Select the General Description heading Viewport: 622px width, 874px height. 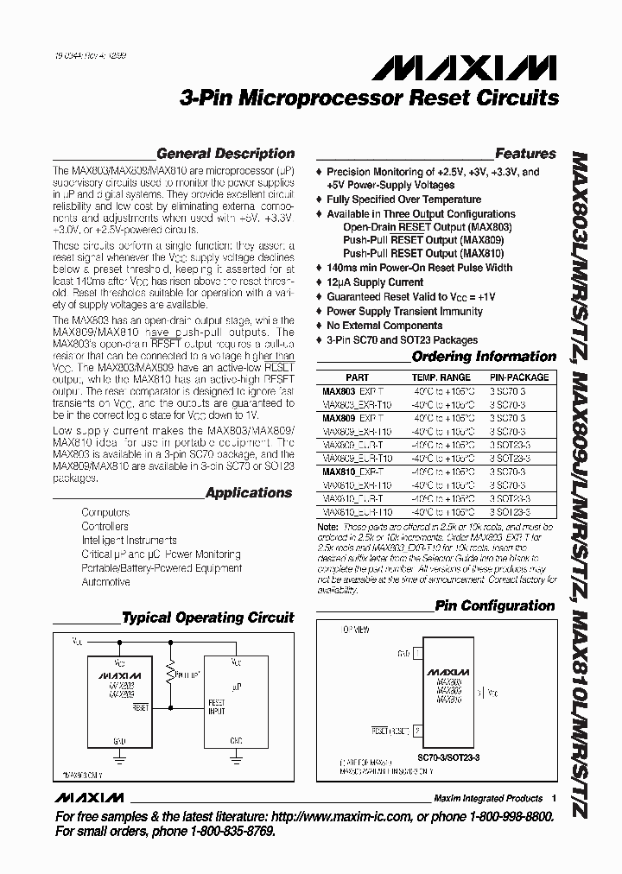tap(225, 154)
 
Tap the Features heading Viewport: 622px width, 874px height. tap(525, 154)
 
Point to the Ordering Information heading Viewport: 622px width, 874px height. tap(484, 357)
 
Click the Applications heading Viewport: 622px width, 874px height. tap(249, 493)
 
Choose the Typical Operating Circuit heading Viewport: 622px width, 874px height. tap(208, 618)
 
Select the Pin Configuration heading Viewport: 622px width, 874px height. tap(495, 606)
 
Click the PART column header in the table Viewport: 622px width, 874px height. tap(357, 377)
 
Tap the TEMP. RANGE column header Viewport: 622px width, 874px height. tap(441, 377)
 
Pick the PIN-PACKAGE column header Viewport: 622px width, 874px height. tap(519, 377)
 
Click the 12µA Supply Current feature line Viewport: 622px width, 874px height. tap(375, 282)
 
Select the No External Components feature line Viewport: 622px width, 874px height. tap(384, 326)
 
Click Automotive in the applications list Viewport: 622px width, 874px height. tap(105, 582)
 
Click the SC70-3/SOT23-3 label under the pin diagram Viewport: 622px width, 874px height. tap(450, 757)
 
